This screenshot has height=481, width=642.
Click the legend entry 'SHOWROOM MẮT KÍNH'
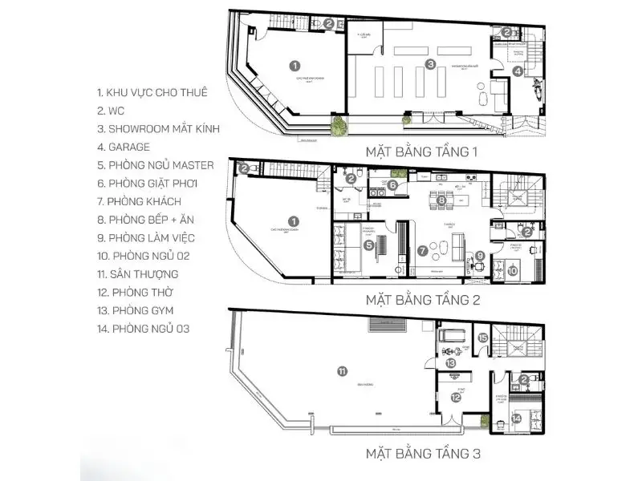point(157,128)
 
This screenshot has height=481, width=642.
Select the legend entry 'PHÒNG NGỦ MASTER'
point(154,165)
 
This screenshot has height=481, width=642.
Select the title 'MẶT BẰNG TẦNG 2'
point(422,301)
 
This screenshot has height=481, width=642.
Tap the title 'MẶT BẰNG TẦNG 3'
point(423,455)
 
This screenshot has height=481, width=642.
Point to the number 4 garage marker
point(518,71)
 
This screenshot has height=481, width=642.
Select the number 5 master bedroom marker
point(368,245)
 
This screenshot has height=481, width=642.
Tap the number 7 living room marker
point(422,250)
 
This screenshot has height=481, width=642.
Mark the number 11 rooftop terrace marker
point(342,371)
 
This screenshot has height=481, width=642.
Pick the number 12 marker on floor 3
point(455,397)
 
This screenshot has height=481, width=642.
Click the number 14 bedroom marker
point(517,418)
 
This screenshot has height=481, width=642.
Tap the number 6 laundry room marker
point(392,185)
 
